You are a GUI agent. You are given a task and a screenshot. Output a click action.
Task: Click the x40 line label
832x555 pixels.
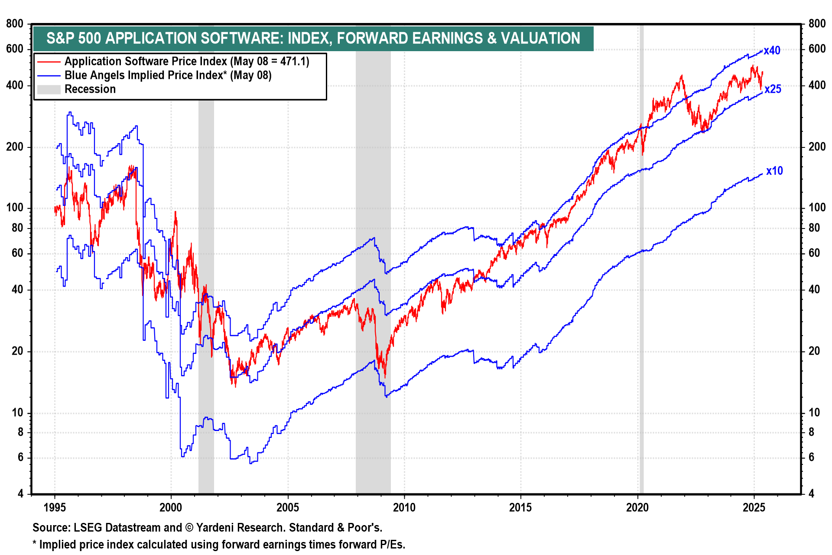pyautogui.click(x=772, y=51)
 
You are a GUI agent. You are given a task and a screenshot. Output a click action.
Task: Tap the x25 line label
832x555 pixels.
pyautogui.click(x=773, y=89)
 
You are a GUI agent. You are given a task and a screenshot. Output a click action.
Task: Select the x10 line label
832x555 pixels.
pyautogui.click(x=774, y=171)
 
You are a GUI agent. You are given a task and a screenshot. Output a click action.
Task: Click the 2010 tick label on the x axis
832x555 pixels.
pyautogui.click(x=404, y=507)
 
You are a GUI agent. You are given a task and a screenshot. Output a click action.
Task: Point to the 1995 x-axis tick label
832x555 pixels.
pyautogui.click(x=55, y=507)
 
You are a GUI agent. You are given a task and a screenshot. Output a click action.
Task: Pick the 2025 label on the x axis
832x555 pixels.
pyautogui.click(x=754, y=507)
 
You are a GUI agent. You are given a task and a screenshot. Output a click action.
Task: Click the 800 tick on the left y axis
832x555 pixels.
pyautogui.click(x=15, y=24)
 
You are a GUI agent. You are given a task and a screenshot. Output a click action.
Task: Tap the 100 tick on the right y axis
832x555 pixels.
pyautogui.click(x=817, y=208)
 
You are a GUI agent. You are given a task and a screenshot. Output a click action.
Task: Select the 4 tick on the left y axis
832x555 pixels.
pyautogui.click(x=20, y=493)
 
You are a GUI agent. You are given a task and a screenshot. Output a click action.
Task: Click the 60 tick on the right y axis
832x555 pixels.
pyautogui.click(x=814, y=253)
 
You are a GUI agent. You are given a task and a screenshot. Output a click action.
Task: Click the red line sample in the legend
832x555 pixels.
pyautogui.click(x=49, y=62)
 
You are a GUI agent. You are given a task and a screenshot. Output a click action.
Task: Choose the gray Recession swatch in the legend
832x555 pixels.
pyautogui.click(x=49, y=89)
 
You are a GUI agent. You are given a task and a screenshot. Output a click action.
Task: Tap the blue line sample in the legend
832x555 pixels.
pyautogui.click(x=49, y=75)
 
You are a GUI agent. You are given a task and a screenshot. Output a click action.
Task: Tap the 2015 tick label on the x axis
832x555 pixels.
pyautogui.click(x=520, y=507)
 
